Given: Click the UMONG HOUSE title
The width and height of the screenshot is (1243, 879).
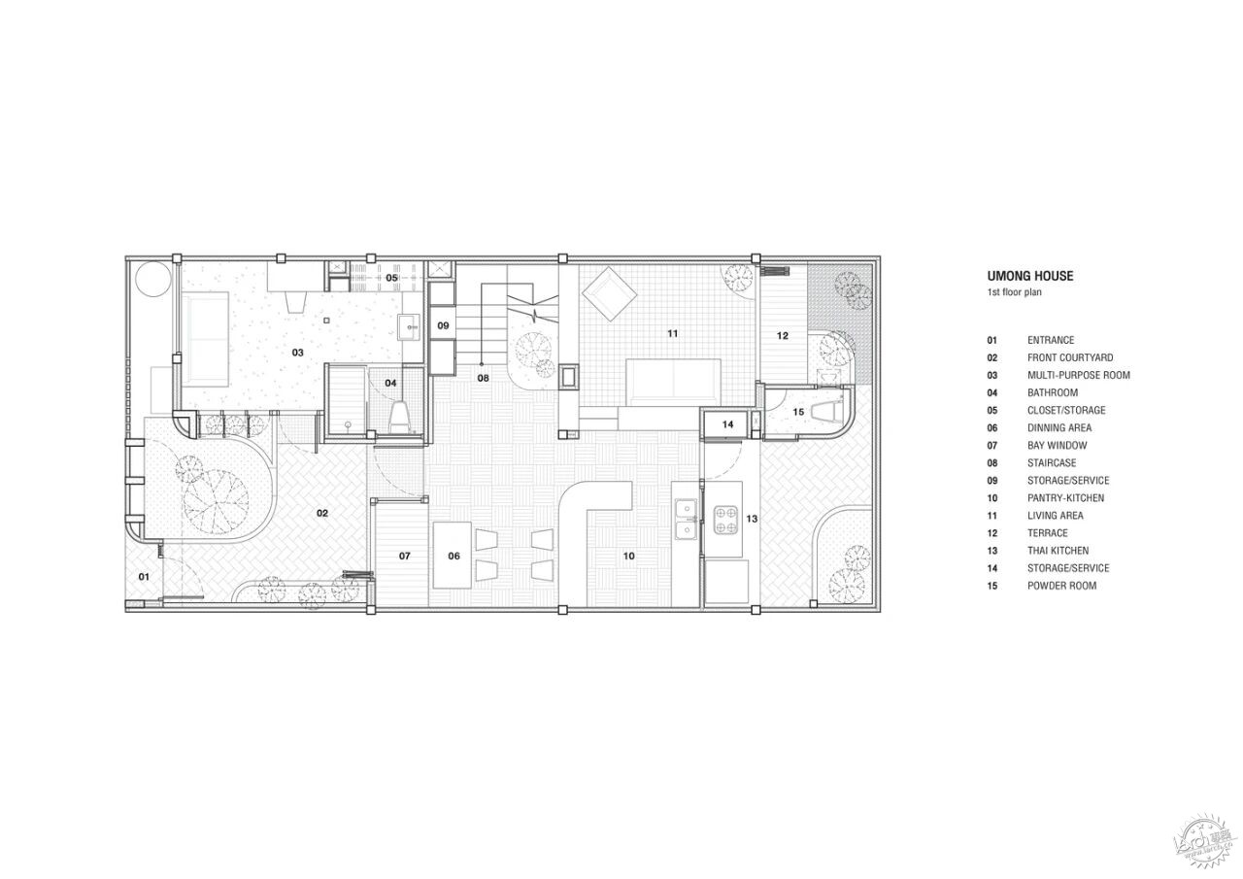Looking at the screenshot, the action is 1030,276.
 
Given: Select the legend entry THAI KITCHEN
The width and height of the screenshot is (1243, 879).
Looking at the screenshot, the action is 1058,551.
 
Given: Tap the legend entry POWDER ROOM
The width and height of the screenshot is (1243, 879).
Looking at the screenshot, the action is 1061,586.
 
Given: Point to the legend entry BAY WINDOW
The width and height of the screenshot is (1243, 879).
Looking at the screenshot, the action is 1058,445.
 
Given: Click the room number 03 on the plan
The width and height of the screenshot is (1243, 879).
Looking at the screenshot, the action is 297,353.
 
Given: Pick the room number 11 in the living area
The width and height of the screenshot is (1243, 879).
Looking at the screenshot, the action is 673,333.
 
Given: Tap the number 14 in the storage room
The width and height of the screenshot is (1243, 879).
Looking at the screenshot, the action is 727,424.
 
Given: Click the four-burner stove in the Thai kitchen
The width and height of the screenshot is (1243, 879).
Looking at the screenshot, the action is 725,520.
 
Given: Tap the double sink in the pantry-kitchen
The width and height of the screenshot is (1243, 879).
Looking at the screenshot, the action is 687,520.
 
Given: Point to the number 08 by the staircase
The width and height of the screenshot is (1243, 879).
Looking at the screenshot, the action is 483,378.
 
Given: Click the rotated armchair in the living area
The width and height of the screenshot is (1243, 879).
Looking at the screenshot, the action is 609,294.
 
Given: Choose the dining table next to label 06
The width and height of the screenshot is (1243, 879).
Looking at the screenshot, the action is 453,555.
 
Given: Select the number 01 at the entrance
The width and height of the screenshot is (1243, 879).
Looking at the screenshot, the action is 144,577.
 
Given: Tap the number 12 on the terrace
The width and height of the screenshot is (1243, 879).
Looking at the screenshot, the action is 783,335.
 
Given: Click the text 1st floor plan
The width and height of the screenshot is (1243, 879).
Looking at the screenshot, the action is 1014,292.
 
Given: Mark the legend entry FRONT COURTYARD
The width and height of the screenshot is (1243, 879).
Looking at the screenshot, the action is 1070,357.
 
